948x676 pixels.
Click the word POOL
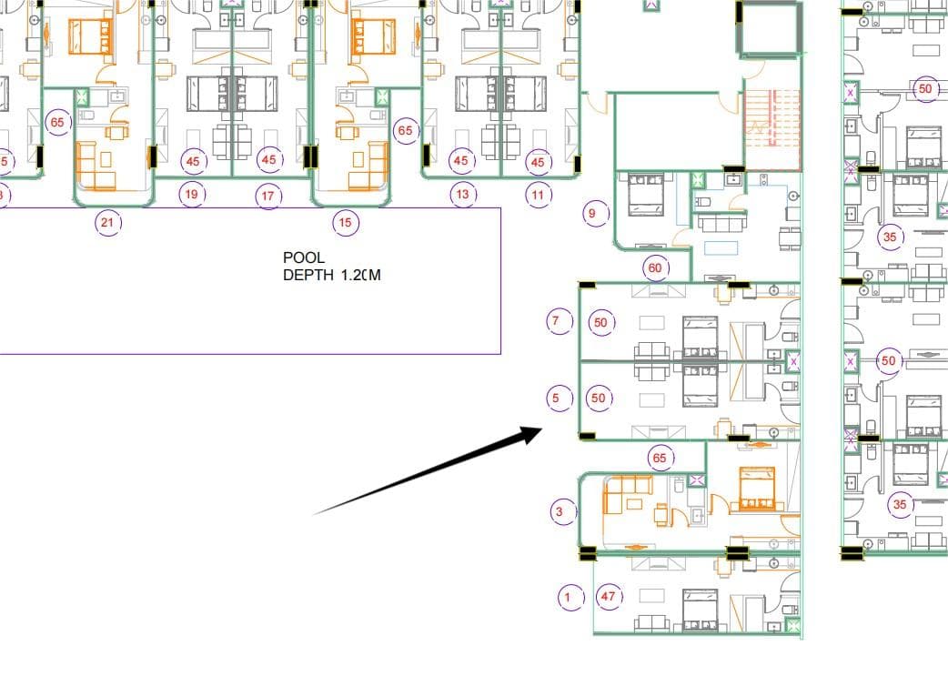pyautogui.click(x=304, y=257)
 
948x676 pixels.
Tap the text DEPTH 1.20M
pyautogui.click(x=332, y=275)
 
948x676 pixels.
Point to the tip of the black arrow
pyautogui.click(x=542, y=429)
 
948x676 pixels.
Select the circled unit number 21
pyautogui.click(x=107, y=223)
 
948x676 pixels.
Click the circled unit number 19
pyautogui.click(x=192, y=194)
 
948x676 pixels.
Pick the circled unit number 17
pyautogui.click(x=267, y=196)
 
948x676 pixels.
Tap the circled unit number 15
pyautogui.click(x=345, y=222)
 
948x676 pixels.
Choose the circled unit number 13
pyautogui.click(x=463, y=194)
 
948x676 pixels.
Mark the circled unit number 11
pyautogui.click(x=538, y=195)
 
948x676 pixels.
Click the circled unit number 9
pyautogui.click(x=596, y=213)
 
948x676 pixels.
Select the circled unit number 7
pyautogui.click(x=560, y=320)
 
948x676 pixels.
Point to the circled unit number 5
pyautogui.click(x=560, y=398)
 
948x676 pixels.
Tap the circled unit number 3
pyautogui.click(x=563, y=511)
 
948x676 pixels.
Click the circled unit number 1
pyautogui.click(x=570, y=598)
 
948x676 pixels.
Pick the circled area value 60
pyautogui.click(x=655, y=267)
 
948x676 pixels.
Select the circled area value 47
pyautogui.click(x=609, y=596)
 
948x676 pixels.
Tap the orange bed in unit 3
pyautogui.click(x=757, y=489)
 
